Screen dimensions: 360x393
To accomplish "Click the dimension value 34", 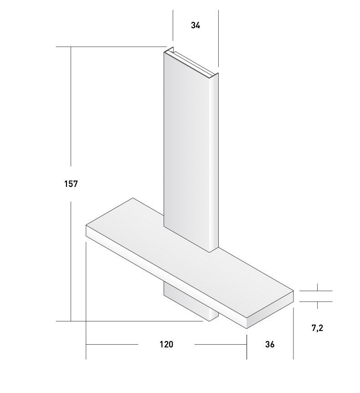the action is point(195,26).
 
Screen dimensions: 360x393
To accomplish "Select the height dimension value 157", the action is point(71,184).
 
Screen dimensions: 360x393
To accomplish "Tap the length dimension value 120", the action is point(166,344).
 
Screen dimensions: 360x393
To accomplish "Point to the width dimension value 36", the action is point(270,344).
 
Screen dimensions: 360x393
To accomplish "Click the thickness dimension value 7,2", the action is point(317,328).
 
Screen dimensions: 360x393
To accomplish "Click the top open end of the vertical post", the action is point(191,62).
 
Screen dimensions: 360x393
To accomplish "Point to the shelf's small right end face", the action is point(270,310).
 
